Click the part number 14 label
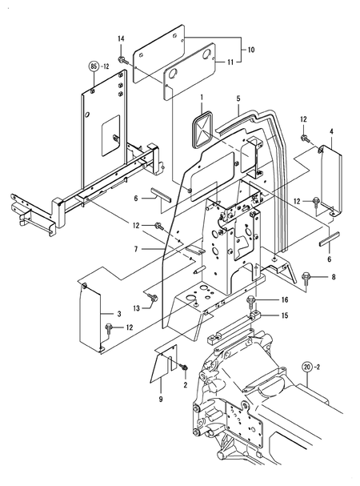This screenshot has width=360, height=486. click(121, 39)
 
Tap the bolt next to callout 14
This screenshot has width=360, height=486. click(121, 58)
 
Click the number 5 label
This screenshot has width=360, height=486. click(238, 99)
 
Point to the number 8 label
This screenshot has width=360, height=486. click(334, 278)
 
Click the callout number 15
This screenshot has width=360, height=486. click(283, 315)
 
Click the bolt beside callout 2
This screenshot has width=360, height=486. click(183, 367)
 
